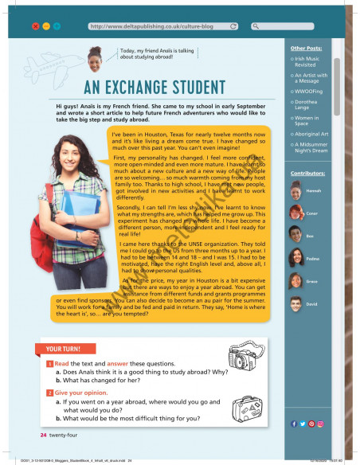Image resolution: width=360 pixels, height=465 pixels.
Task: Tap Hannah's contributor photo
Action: pyautogui.click(x=296, y=191)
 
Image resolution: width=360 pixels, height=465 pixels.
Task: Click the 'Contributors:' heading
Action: pyautogui.click(x=308, y=172)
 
